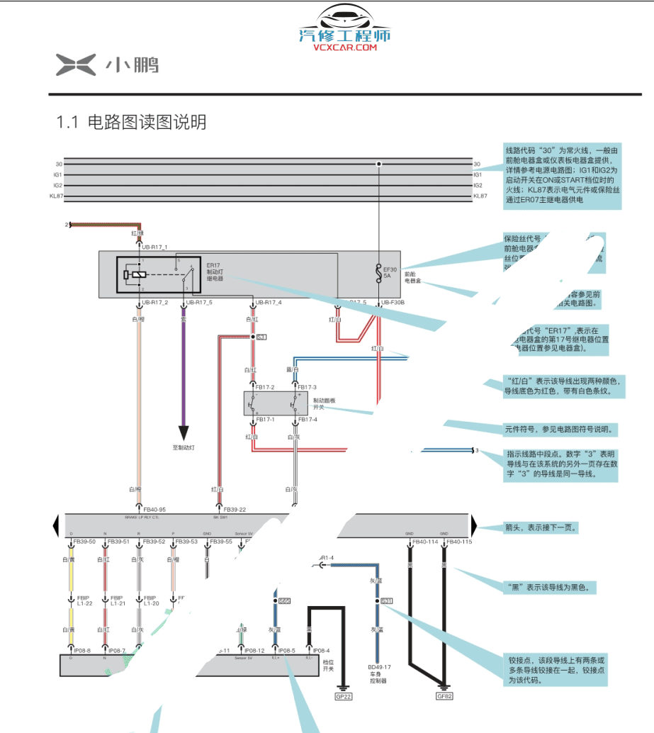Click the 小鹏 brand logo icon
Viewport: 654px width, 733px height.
click(75, 65)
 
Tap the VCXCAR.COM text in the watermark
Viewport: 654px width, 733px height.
click(346, 48)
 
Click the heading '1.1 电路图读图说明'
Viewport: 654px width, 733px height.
click(131, 123)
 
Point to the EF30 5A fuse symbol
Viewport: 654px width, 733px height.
click(379, 271)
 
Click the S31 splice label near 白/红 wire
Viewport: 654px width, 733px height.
click(261, 337)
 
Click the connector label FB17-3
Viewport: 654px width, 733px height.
click(307, 387)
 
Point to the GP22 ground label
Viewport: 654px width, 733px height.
click(343, 696)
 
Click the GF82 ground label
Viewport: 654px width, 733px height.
click(444, 696)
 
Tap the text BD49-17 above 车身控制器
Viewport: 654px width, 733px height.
click(379, 667)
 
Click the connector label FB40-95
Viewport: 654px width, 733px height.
click(154, 509)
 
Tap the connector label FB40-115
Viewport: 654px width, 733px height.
click(458, 542)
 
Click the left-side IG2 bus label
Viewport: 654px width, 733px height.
click(57, 185)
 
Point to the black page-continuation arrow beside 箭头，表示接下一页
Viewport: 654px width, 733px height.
click(476, 526)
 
